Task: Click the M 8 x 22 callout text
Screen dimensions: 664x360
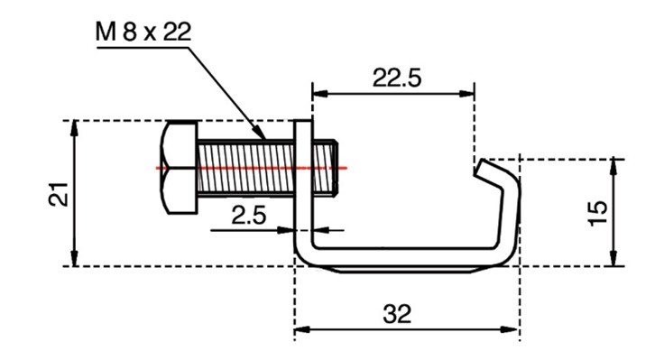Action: tap(143, 32)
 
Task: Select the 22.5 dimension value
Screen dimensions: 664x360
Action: tap(397, 78)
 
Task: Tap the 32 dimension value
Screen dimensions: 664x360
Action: tap(397, 314)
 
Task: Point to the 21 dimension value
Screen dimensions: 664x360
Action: tap(59, 194)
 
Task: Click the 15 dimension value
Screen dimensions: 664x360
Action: tap(598, 214)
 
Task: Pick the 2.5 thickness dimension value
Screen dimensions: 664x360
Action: tap(249, 215)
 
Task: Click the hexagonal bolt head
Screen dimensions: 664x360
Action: tap(180, 167)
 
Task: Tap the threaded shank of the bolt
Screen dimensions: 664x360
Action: tap(245, 168)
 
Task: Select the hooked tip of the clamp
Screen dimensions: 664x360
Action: tap(487, 170)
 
